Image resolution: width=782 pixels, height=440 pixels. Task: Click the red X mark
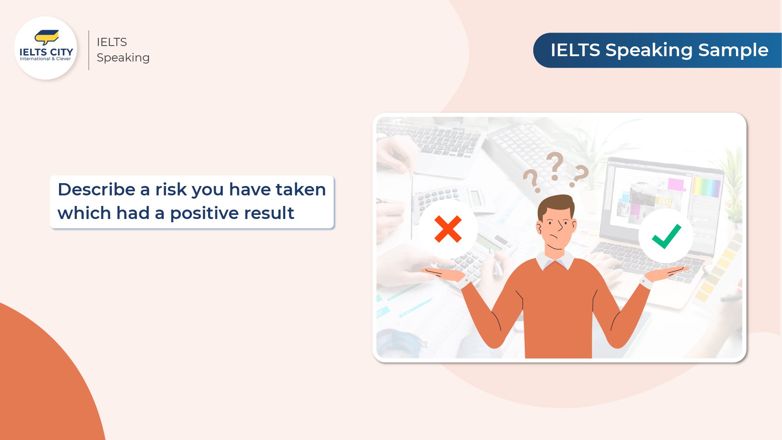(448, 229)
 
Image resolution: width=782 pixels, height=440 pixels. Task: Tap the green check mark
(666, 236)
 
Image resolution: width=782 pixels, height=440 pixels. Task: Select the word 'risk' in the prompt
(171, 189)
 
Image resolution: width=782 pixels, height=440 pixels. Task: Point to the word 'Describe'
(96, 189)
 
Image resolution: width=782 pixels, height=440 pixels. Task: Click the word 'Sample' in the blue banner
(733, 50)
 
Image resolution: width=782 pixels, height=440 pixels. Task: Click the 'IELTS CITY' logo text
(46, 52)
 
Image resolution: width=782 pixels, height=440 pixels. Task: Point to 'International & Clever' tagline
(45, 59)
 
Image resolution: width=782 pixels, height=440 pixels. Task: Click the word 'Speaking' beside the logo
(123, 58)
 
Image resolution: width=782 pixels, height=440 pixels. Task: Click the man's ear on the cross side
(540, 228)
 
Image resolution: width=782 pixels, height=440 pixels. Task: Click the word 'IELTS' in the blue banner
(575, 50)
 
